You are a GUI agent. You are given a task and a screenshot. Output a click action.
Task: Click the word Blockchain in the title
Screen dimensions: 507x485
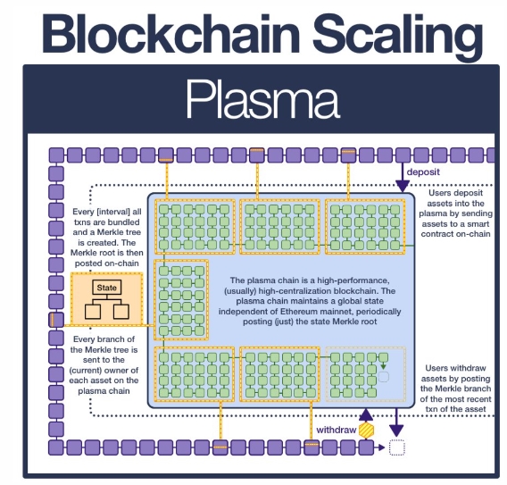pos(171,34)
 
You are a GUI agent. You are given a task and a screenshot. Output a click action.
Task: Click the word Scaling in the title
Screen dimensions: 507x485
pos(397,37)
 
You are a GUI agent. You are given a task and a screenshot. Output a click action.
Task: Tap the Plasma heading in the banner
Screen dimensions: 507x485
pos(262,98)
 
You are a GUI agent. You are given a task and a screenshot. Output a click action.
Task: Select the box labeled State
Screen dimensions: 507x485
pos(107,288)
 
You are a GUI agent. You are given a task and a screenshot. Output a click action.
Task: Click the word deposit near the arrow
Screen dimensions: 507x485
pos(423,171)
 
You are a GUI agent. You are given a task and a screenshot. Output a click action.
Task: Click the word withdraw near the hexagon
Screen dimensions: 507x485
pos(337,430)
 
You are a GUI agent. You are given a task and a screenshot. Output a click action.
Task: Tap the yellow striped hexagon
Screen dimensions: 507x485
pos(366,431)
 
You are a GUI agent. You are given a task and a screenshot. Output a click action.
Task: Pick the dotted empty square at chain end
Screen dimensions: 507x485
pos(397,447)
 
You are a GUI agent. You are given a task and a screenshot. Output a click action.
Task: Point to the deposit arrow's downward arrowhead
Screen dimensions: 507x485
pos(403,187)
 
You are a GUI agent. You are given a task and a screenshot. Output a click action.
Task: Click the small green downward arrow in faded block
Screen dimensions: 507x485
pos(383,365)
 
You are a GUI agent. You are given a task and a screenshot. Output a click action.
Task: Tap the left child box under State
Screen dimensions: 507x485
pos(93,312)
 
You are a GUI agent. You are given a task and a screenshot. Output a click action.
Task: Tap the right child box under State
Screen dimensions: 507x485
pos(121,312)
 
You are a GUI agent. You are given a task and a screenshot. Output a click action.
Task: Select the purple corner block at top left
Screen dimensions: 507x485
pos(56,155)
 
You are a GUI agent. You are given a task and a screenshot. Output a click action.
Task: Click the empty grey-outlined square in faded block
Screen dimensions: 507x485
pos(384,377)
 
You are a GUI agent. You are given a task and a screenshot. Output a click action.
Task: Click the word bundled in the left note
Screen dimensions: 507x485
pos(124,222)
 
